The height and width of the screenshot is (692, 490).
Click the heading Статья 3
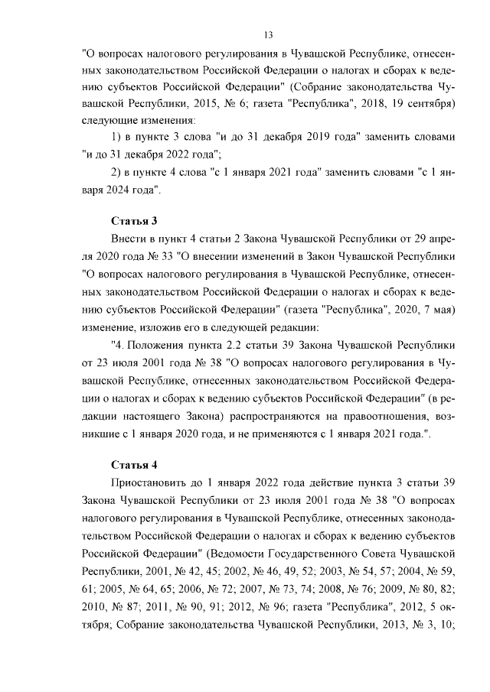(134, 221)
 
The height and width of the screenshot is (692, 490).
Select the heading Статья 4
(134, 464)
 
